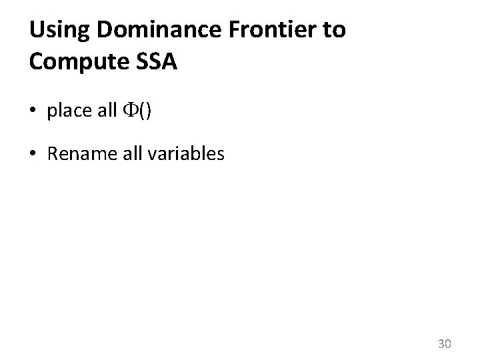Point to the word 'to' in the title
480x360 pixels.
[334, 31]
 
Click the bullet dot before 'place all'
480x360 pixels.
[34, 111]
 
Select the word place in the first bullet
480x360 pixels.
[69, 111]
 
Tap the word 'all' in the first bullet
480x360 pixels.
[107, 111]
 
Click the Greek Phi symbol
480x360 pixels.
[131, 111]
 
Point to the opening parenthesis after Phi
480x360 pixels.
[141, 111]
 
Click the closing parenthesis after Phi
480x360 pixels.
[147, 111]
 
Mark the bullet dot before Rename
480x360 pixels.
[34, 155]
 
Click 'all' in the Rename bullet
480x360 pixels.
[126, 155]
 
